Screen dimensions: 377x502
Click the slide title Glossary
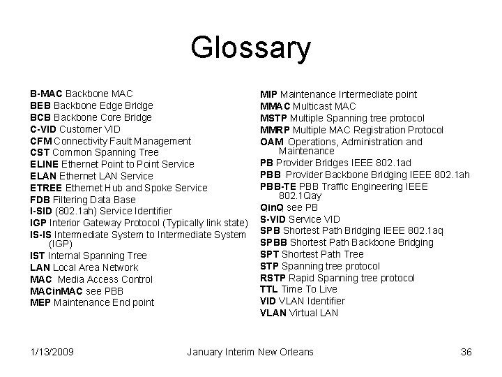[250, 49]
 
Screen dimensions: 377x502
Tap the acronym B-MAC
[46, 94]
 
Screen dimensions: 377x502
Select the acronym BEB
[40, 105]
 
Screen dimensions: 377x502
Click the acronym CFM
[41, 141]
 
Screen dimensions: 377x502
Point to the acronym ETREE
[47, 188]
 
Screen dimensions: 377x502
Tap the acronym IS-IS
[41, 235]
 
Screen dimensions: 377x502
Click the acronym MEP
[40, 302]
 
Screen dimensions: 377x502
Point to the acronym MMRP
[274, 130]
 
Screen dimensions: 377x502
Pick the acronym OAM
[271, 142]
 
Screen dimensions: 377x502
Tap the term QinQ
[272, 207]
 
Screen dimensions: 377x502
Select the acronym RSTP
[273, 278]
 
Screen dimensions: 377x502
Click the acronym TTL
[269, 289]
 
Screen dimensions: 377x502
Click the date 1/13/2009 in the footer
[53, 352]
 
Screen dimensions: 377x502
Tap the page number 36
[466, 352]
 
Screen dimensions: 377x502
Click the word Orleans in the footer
[296, 352]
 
